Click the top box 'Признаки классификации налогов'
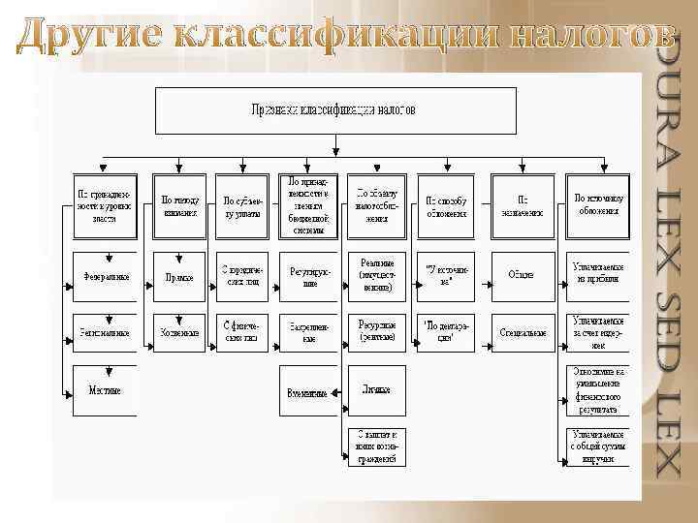[x=333, y=109]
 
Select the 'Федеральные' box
[x=106, y=276]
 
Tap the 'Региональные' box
[x=106, y=332]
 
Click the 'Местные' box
[x=106, y=389]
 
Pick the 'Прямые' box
[x=179, y=276]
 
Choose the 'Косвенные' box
[x=179, y=332]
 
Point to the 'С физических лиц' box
[x=242, y=332]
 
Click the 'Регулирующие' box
[x=309, y=276]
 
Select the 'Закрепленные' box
[x=309, y=332]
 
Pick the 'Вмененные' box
[x=307, y=394]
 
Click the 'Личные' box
[x=377, y=389]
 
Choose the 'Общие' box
[x=522, y=275]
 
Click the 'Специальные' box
[x=522, y=332]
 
